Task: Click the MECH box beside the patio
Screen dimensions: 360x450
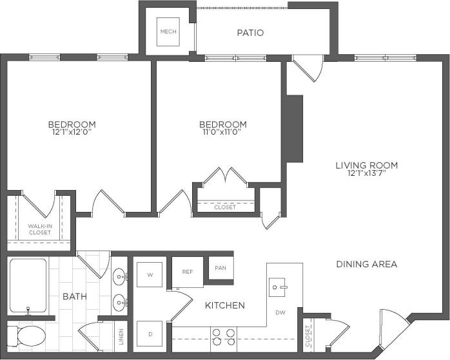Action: pos(168,32)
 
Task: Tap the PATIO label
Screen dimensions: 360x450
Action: pos(250,33)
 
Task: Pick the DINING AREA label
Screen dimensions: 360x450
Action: pos(366,264)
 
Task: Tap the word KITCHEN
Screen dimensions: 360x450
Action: pos(224,305)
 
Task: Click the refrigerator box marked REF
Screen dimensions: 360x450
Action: pos(188,272)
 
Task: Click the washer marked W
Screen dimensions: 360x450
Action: pos(150,275)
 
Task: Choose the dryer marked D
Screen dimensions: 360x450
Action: pos(150,334)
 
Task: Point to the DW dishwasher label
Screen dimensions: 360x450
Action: pos(280,313)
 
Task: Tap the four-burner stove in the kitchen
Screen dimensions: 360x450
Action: pos(224,337)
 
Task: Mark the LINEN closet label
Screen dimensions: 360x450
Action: pos(122,336)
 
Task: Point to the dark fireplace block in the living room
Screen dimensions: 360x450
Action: pos(294,129)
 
